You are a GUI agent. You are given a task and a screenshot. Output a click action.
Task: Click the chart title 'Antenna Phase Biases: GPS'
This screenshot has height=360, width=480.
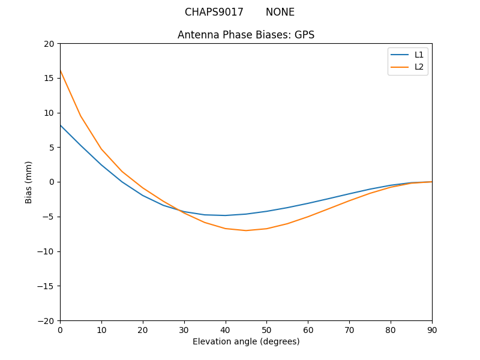pyautogui.click(x=246, y=35)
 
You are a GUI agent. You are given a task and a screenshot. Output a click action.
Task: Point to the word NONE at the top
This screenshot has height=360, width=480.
pyautogui.click(x=280, y=12)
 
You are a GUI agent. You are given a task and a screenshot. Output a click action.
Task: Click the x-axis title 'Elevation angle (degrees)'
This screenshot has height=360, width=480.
pyautogui.click(x=246, y=342)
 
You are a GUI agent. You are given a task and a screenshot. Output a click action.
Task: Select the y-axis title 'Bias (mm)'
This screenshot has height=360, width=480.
pyautogui.click(x=29, y=182)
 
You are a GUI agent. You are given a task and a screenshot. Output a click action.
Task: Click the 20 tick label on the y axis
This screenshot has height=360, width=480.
pyautogui.click(x=49, y=44)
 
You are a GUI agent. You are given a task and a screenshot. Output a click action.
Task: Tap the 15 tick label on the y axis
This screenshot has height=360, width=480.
pyautogui.click(x=49, y=78)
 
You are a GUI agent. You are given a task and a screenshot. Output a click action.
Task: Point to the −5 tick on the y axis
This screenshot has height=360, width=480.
pyautogui.click(x=47, y=217)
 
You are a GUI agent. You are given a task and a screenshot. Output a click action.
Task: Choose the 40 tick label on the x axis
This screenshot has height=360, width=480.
pyautogui.click(x=226, y=329)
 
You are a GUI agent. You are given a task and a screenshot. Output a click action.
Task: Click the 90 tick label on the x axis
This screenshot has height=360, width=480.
pyautogui.click(x=432, y=329)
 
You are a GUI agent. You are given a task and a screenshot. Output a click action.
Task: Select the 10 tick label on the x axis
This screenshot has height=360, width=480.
pyautogui.click(x=101, y=329)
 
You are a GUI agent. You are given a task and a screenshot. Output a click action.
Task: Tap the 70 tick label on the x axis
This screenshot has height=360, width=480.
pyautogui.click(x=349, y=329)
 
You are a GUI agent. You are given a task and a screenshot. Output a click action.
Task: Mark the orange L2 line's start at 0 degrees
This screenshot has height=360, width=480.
pyautogui.click(x=61, y=71)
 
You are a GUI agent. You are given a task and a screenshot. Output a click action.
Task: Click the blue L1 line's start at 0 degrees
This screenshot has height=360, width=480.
pyautogui.click(x=61, y=125)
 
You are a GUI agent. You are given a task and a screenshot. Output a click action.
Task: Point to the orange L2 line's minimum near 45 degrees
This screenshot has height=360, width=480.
pyautogui.click(x=246, y=230)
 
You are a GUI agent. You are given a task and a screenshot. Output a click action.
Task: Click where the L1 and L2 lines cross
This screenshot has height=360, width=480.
pyautogui.click(x=179, y=210)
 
